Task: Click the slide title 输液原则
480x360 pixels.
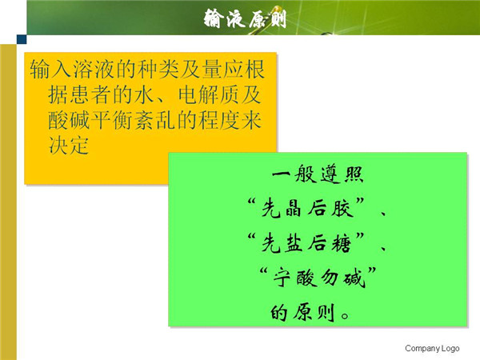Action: pyautogui.click(x=246, y=18)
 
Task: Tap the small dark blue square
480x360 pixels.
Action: pyautogui.click(x=22, y=39)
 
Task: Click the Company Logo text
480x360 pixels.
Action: pyautogui.click(x=432, y=348)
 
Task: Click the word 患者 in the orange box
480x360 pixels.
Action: pyautogui.click(x=79, y=94)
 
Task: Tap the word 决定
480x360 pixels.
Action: pyautogui.click(x=69, y=145)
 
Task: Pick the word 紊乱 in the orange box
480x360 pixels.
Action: pyautogui.click(x=155, y=120)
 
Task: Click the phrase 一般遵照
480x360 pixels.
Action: pyautogui.click(x=318, y=174)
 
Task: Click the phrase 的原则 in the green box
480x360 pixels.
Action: pyautogui.click(x=302, y=313)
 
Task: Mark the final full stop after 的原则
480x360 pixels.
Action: pyautogui.click(x=345, y=316)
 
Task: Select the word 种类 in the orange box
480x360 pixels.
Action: pyautogui.click(x=158, y=69)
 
